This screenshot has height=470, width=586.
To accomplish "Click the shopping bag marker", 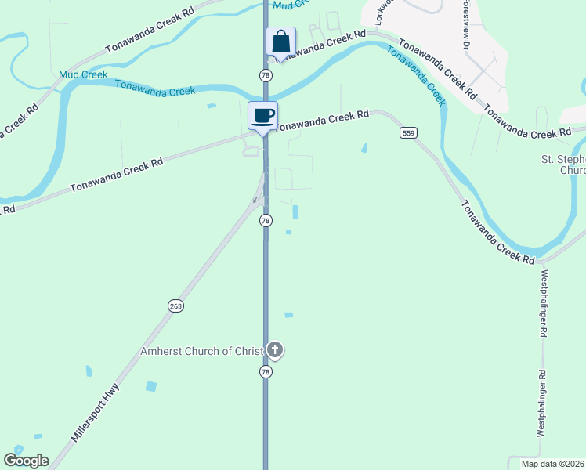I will [x=280, y=42].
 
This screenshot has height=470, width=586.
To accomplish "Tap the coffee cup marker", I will [x=263, y=116].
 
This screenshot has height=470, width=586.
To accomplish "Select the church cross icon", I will [x=274, y=349].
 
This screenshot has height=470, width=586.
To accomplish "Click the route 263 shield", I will [x=175, y=305].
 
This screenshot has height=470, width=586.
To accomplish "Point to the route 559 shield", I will [x=407, y=132].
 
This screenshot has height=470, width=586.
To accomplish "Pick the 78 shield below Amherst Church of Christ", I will [x=266, y=373].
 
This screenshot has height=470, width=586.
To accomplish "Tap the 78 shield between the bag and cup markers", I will [x=266, y=74].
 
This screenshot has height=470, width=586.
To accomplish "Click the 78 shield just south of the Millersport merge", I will [x=266, y=221].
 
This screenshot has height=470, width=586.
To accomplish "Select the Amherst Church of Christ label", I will [x=201, y=351].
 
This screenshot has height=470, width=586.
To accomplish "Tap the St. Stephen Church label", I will [x=563, y=164].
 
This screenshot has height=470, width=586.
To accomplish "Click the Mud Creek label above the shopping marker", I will [x=292, y=5].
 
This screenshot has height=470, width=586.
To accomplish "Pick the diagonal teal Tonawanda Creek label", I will [x=416, y=75].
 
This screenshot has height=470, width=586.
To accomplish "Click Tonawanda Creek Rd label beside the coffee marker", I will [x=323, y=120].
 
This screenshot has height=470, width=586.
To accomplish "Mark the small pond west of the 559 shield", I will [x=364, y=147].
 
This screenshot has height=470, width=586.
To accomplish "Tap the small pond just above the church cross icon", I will [x=288, y=315].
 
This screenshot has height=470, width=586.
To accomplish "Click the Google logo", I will [x=26, y=461].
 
